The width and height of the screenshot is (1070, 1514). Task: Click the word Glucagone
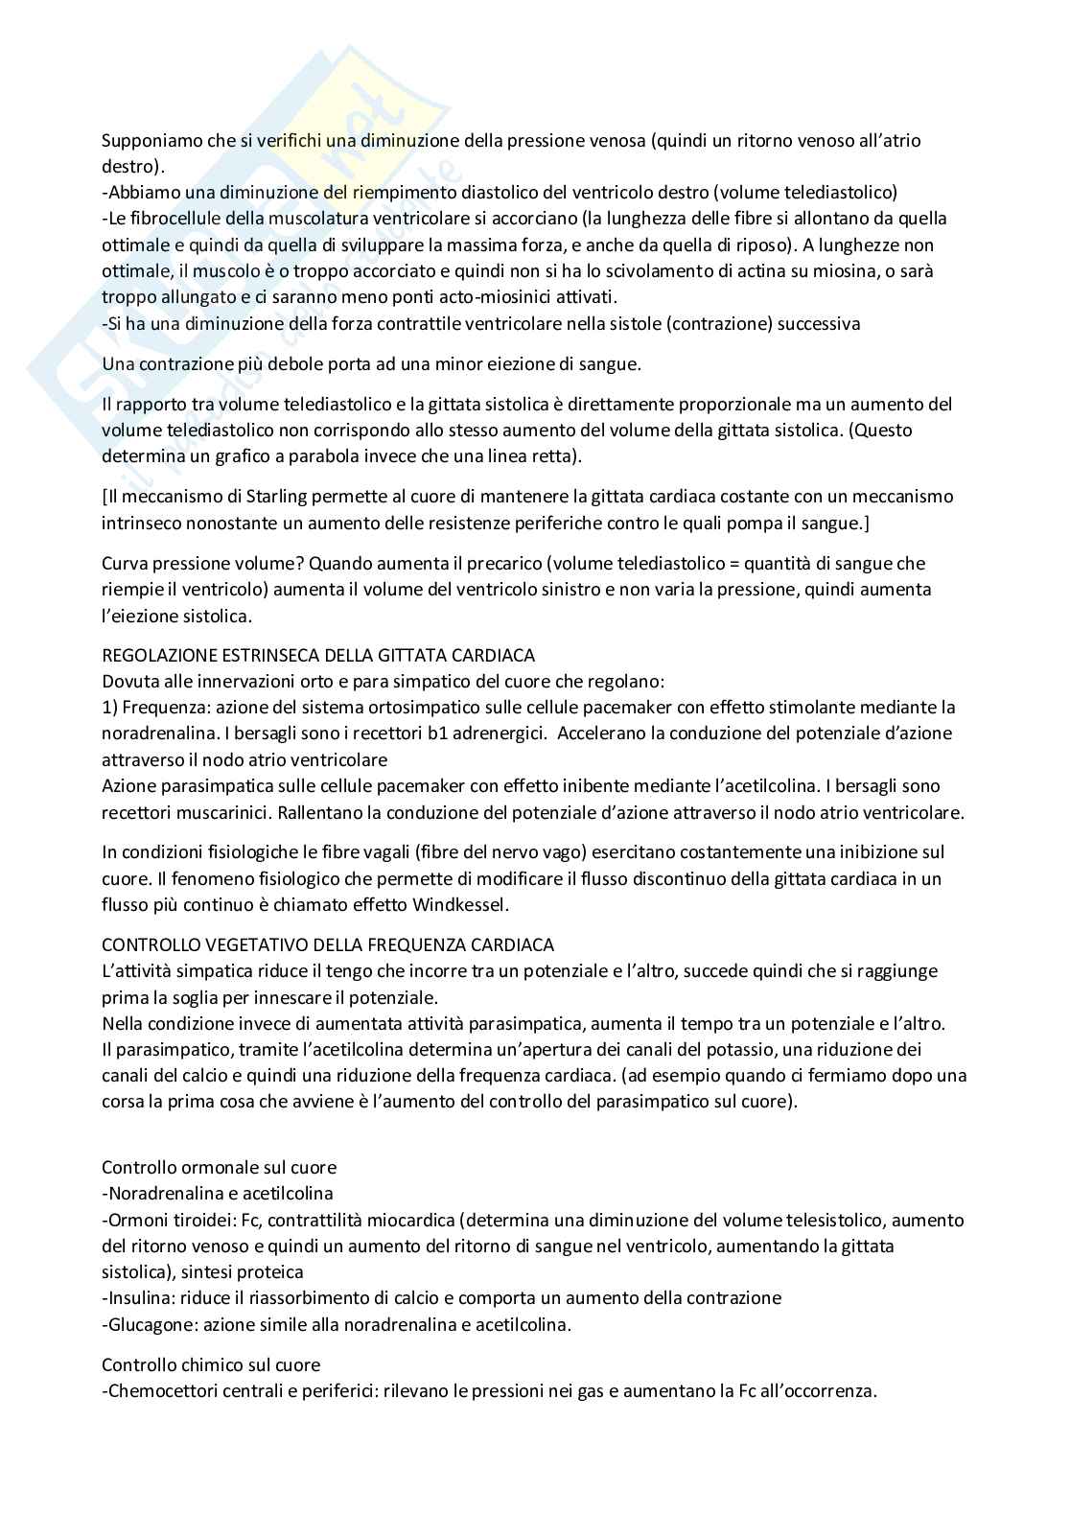pyautogui.click(x=144, y=1324)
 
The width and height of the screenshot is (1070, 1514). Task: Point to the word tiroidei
pyautogui.click(x=196, y=1221)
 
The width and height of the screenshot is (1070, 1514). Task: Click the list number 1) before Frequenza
pyautogui.click(x=109, y=708)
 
